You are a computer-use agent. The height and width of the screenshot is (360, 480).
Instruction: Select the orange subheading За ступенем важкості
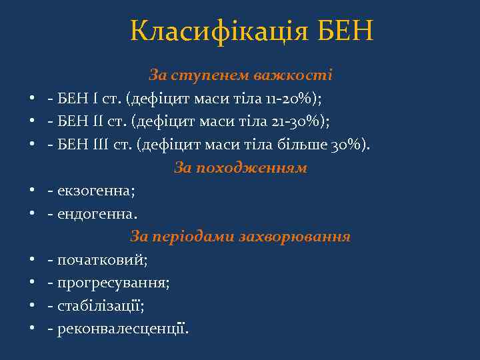[241, 75]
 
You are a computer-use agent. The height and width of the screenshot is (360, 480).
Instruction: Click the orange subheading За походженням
[241, 168]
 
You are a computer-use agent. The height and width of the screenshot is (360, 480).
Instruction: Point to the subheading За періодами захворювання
[241, 237]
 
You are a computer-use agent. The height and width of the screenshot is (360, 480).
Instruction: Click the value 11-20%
[295, 99]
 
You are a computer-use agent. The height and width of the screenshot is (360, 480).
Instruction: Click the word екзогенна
[96, 191]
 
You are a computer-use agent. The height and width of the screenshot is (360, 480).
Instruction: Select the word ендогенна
[97, 214]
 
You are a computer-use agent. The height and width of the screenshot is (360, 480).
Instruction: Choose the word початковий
[102, 260]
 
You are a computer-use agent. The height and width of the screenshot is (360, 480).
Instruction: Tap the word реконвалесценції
[123, 329]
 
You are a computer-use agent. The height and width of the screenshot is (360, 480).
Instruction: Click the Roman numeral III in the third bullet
[94, 145]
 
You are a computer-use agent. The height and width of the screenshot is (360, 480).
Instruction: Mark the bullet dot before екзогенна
[32, 192]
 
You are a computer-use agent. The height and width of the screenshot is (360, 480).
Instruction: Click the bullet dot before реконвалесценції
[32, 329]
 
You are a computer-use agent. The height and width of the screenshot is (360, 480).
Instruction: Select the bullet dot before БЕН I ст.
[32, 99]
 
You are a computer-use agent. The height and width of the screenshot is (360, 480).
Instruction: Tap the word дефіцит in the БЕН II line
[158, 122]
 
